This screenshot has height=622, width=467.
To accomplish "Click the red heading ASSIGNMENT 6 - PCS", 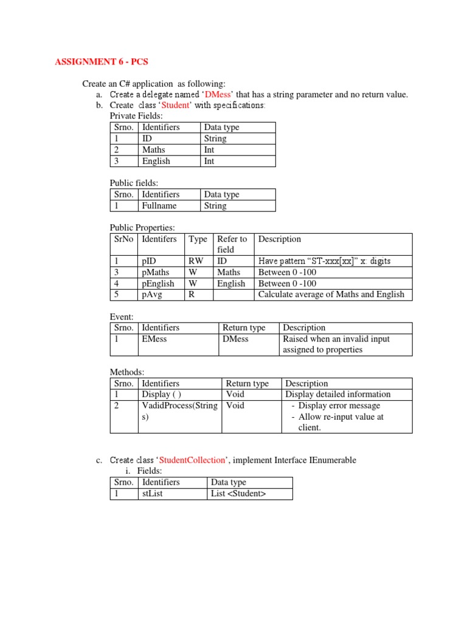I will pyautogui.click(x=101, y=62).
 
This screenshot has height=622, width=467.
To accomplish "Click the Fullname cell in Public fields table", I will pyautogui.click(x=159, y=206).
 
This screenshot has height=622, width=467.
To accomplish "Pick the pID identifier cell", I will pyautogui.click(x=148, y=261).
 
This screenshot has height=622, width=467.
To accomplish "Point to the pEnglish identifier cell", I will pyautogui.click(x=158, y=284).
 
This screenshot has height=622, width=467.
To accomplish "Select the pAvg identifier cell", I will pyautogui.click(x=153, y=295).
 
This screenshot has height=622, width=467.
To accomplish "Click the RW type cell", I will pyautogui.click(x=196, y=261).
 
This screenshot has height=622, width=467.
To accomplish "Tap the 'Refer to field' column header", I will pyautogui.click(x=232, y=244).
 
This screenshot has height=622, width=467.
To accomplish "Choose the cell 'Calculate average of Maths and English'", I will pyautogui.click(x=331, y=295).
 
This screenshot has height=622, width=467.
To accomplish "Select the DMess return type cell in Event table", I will pyautogui.click(x=236, y=339).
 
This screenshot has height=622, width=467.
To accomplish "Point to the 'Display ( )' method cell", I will pyautogui.click(x=161, y=394).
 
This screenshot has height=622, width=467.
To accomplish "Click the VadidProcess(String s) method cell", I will pyautogui.click(x=179, y=411).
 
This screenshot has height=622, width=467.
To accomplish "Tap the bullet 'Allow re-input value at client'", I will pyautogui.click(x=341, y=422).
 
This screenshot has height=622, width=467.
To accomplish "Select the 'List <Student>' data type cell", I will pyautogui.click(x=238, y=494).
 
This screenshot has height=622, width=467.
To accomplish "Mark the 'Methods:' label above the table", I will pyautogui.click(x=127, y=372).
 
